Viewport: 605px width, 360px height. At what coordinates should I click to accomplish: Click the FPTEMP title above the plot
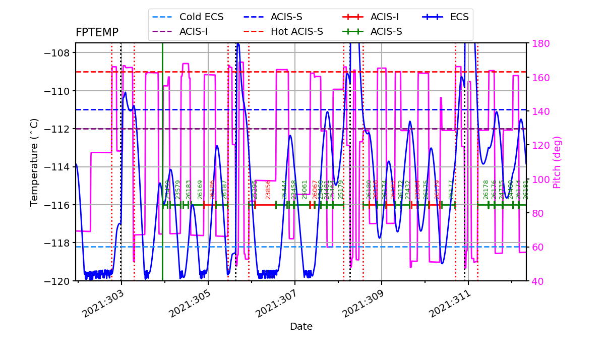[97, 33]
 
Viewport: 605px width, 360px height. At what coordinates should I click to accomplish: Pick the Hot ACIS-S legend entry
[296, 32]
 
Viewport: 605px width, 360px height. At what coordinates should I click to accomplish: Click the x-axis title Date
[301, 327]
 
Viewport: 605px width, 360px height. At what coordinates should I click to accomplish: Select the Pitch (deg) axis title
[557, 162]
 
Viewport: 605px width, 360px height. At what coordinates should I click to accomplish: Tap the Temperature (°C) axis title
[34, 162]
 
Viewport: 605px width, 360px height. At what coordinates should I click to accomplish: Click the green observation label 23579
[178, 190]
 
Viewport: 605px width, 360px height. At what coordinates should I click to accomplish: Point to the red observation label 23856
[268, 190]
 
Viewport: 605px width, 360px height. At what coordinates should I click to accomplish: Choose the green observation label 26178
[486, 190]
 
